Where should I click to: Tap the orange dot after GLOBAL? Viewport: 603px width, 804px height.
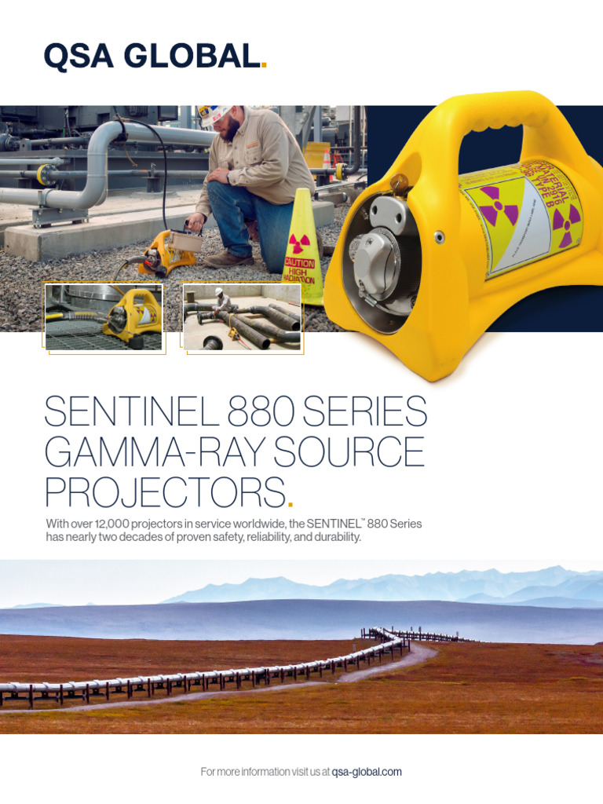point(264,66)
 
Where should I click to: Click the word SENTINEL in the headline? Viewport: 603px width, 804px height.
point(130,411)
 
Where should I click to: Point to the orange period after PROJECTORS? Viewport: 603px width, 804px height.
point(291,504)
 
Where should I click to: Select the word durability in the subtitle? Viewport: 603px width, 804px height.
point(338,538)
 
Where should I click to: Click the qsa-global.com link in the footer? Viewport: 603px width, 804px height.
point(367,772)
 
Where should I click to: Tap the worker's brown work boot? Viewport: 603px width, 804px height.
point(228,260)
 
